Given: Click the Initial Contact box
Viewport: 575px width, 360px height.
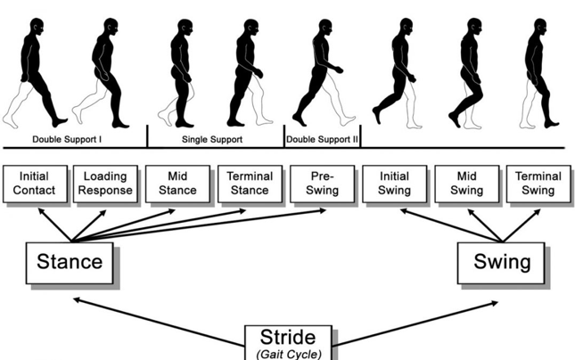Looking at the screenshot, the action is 35,184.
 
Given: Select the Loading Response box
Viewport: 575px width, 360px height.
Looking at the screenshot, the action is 105,184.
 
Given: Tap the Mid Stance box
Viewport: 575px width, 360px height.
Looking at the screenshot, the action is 178,184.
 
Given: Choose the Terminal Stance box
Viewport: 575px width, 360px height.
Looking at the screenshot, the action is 251,184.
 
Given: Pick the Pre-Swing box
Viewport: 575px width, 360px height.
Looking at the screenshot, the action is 323,184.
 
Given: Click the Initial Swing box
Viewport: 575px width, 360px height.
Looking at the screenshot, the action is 395,184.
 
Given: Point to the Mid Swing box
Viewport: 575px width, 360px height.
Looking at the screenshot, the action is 467,184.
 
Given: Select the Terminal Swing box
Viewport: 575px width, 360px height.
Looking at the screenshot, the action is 538,184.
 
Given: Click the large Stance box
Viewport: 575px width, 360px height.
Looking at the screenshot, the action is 70,263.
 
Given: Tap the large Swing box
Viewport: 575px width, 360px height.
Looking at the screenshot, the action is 501,263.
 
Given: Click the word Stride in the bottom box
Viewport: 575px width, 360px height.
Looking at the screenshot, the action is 288,337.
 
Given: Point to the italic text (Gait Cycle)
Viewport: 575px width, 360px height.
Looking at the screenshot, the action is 289,355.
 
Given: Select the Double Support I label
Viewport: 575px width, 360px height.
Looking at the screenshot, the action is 67,139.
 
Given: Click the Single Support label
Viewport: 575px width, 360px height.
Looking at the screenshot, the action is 212,139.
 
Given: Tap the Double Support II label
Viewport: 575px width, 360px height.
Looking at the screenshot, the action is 322,139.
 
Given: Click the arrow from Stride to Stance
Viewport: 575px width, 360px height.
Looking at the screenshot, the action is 160,323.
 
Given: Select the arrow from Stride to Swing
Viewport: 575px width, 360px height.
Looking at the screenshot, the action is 415,323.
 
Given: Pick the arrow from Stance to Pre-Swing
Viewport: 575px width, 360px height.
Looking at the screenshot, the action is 199,225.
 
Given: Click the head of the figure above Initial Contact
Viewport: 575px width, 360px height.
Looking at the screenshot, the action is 37,27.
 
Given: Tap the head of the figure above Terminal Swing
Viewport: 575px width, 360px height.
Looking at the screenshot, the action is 540,27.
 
